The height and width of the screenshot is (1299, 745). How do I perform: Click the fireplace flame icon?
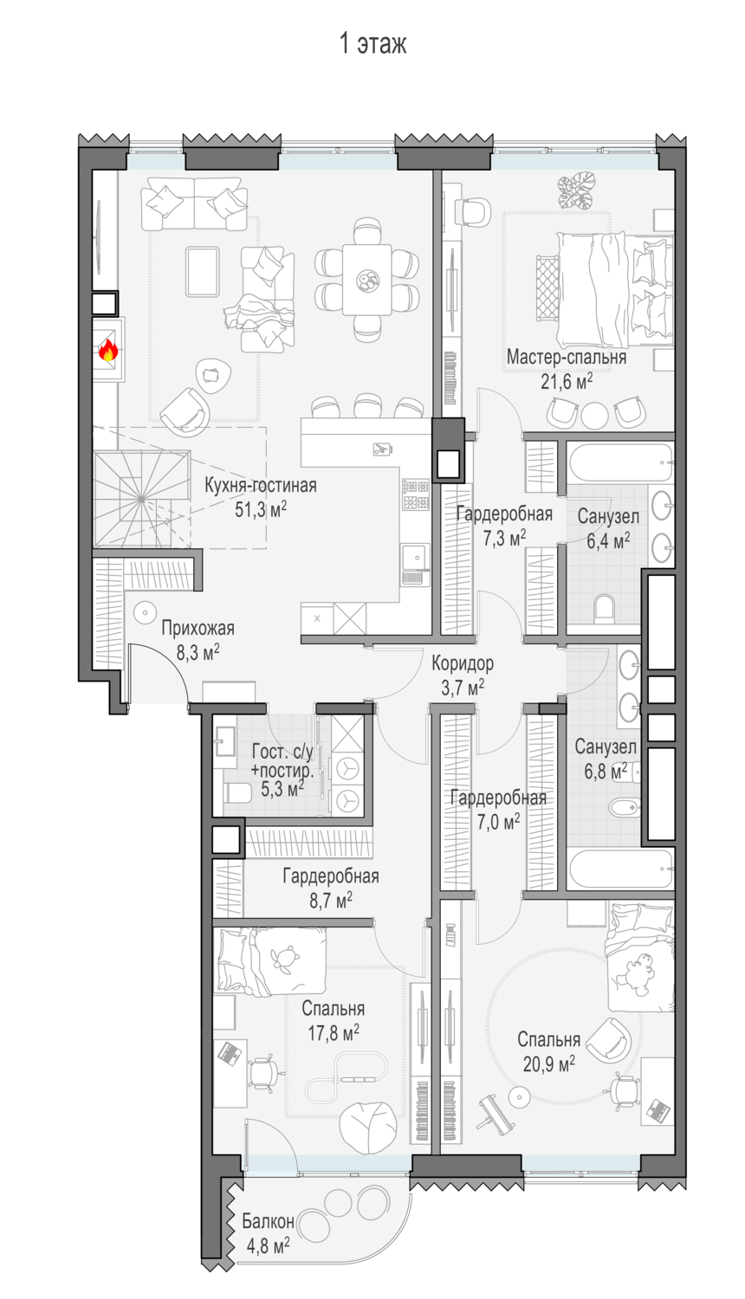tap(108, 350)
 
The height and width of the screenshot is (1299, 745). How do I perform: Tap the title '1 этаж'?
tap(372, 44)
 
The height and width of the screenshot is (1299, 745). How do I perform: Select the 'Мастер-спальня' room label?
tap(567, 357)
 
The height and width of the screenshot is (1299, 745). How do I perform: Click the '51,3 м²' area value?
tap(261, 510)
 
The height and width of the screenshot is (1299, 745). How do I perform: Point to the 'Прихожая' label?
tap(198, 628)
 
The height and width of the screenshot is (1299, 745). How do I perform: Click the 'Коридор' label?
tap(463, 662)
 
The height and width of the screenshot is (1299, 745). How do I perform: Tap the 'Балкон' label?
tap(268, 1221)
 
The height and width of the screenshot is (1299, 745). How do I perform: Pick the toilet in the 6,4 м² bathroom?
tap(604, 608)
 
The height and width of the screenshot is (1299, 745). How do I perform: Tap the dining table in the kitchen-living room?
tap(366, 280)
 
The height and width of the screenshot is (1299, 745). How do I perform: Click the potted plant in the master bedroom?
tap(576, 191)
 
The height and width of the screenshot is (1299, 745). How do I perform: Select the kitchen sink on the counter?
tap(416, 558)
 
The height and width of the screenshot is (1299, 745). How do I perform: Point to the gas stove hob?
tap(416, 494)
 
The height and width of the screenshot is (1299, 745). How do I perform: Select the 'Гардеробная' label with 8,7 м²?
tap(331, 876)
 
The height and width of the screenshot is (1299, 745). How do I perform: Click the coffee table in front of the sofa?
tap(203, 271)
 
